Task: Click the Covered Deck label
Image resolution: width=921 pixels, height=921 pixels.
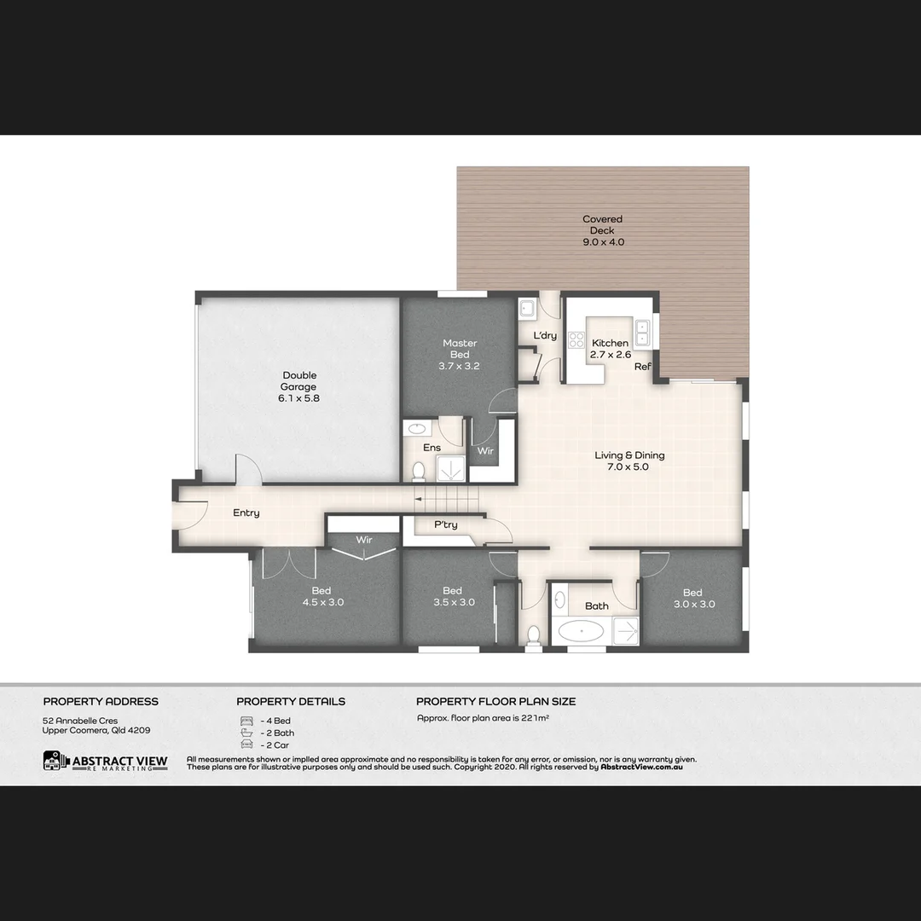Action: point(602,230)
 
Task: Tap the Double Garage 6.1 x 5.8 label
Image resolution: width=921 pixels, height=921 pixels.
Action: point(299,386)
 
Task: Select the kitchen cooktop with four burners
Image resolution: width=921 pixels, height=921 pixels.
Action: point(576,339)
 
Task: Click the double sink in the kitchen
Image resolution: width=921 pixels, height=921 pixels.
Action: point(642,333)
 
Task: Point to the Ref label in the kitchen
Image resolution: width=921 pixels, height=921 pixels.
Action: point(642,367)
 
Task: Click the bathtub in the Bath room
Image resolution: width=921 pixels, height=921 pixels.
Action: point(580,631)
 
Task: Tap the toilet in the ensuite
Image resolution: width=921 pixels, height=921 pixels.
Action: point(419,470)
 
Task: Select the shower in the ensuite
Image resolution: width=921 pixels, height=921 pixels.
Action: point(450,468)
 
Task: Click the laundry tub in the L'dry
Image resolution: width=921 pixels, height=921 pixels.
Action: point(526,309)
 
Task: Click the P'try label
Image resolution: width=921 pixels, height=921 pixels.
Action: point(446,524)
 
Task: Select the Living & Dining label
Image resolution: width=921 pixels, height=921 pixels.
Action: point(629,460)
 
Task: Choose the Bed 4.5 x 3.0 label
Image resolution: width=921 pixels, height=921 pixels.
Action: point(321,597)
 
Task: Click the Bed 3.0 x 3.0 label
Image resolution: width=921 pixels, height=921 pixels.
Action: point(692,598)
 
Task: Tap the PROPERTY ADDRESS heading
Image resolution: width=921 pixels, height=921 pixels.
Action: point(101,702)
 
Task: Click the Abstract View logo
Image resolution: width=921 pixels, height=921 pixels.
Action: point(105,762)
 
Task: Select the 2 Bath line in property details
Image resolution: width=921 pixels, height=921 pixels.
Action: point(275,733)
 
